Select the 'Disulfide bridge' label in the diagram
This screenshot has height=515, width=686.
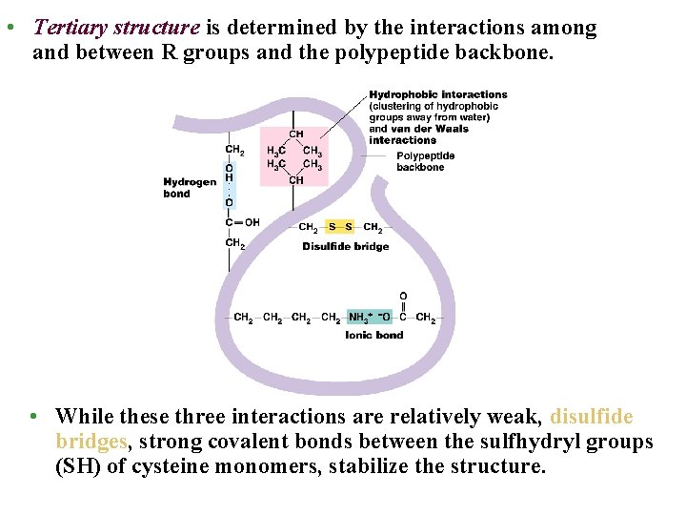[x=346, y=246]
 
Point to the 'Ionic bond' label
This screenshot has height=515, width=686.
[x=374, y=335]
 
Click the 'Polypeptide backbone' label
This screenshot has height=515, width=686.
[x=425, y=161]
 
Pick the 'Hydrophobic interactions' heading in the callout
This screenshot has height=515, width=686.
[x=438, y=94]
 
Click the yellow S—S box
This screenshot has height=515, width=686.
[x=340, y=227]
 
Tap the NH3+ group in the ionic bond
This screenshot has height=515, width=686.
[x=361, y=318]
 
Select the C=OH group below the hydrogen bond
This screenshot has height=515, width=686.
[x=242, y=222]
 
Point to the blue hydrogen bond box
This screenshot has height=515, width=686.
[x=229, y=185]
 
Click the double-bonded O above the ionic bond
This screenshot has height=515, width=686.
[x=403, y=297]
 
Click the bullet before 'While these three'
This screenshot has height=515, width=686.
[x=33, y=417]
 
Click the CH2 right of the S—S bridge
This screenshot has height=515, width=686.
[x=373, y=227]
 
